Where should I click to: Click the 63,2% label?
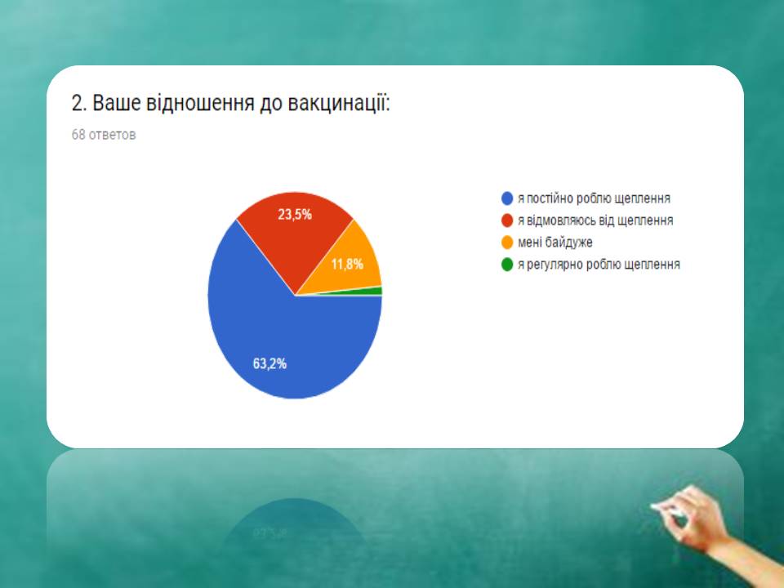click(x=269, y=363)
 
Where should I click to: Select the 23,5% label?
click(x=295, y=215)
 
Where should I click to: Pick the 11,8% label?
click(x=347, y=264)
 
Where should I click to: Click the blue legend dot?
click(x=507, y=198)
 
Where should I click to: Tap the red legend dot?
click(x=507, y=220)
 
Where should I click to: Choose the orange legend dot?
click(x=507, y=243)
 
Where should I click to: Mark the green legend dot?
click(x=507, y=265)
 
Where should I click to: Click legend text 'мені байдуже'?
click(x=555, y=243)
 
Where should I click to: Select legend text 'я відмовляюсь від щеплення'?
click(x=595, y=220)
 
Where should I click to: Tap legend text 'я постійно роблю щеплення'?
click(x=594, y=198)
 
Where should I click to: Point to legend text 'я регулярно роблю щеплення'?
click(x=599, y=265)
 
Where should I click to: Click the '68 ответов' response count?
click(x=104, y=135)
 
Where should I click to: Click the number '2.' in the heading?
click(x=79, y=104)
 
